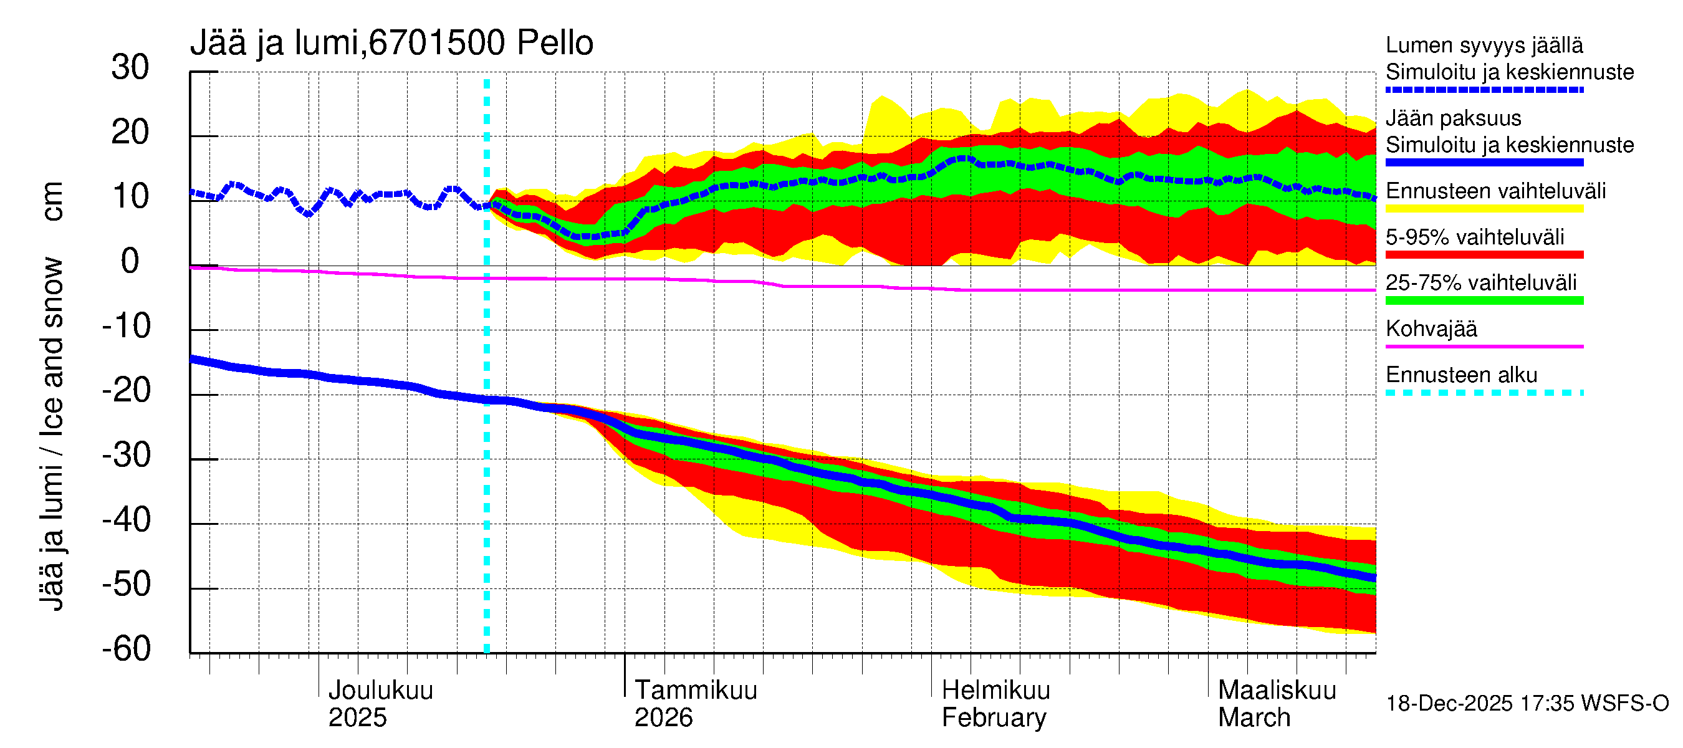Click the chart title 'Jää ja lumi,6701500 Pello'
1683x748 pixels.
tap(391, 43)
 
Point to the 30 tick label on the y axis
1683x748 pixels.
tap(130, 67)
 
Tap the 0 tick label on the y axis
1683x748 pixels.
tap(130, 261)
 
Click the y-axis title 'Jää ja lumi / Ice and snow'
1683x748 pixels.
tap(52, 434)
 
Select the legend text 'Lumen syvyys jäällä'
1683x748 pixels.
tap(1484, 45)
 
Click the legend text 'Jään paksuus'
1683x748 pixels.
tap(1453, 118)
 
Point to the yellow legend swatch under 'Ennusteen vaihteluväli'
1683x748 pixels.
tap(1484, 209)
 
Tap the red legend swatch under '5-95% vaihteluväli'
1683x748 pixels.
tap(1484, 255)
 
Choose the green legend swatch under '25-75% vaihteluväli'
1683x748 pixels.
tap(1484, 300)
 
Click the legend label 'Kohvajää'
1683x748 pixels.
tap(1431, 328)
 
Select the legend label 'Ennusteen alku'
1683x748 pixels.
tap(1461, 375)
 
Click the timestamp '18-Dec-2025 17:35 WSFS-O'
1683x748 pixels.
tap(1527, 704)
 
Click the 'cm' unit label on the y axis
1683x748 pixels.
tap(52, 201)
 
